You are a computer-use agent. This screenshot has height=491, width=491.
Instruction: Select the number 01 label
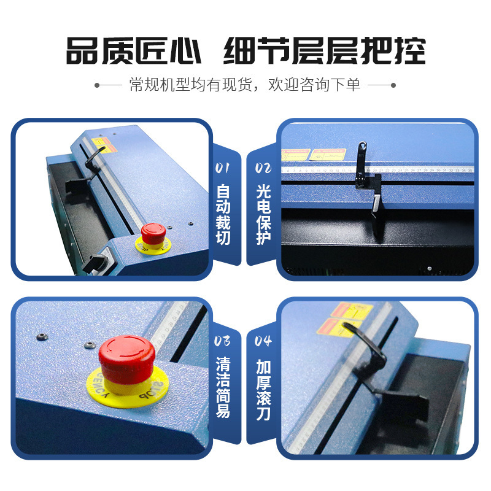223,167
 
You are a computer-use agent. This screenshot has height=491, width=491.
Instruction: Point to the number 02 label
264,167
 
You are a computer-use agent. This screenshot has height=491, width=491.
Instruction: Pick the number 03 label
223,341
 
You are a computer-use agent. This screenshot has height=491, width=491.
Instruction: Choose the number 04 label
264,341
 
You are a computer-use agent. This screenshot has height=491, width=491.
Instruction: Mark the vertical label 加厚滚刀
264,387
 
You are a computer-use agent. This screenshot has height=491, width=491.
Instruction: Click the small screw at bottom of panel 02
430,268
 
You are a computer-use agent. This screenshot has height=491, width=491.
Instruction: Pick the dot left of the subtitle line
97,85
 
